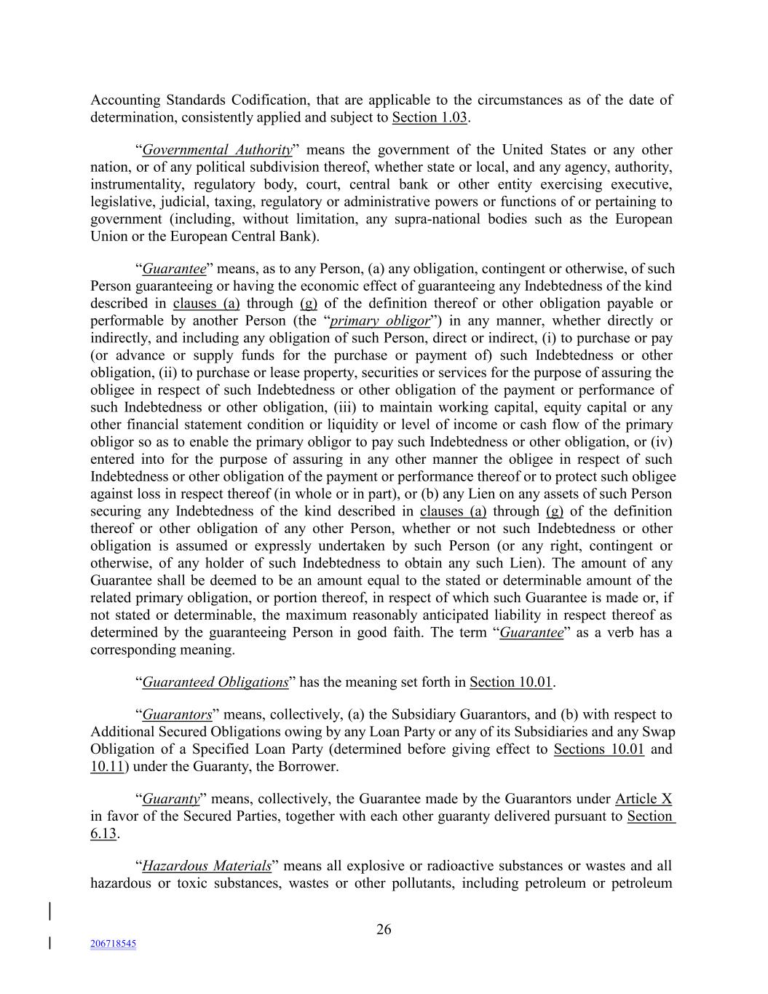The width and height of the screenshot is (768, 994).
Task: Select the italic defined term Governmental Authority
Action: [217, 150]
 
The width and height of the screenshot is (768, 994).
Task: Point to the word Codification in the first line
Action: [269, 100]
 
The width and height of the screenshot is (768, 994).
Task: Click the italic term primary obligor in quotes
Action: [384, 321]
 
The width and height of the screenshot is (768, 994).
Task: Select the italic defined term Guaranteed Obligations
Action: [215, 682]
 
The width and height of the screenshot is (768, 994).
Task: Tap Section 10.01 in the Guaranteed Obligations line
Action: [511, 682]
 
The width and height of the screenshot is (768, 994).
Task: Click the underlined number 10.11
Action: [106, 767]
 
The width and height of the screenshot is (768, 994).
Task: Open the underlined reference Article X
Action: [644, 799]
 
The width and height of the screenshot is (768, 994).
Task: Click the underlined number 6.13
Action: [103, 834]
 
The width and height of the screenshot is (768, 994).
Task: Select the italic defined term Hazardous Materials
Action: [207, 867]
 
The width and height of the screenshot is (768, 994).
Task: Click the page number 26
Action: [384, 929]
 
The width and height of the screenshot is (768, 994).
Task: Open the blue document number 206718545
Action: [113, 944]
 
